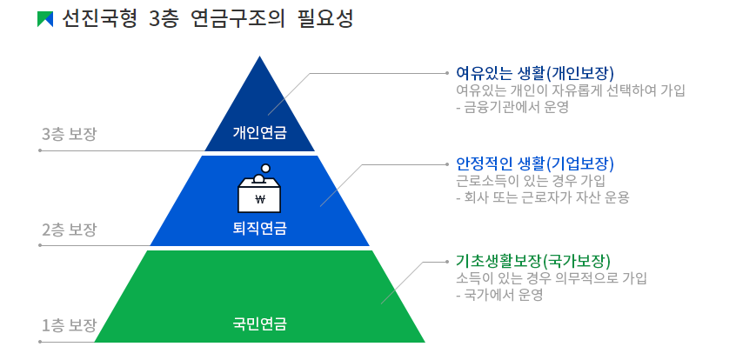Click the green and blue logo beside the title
pos(45,19)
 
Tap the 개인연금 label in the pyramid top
pos(259,133)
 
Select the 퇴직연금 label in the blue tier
pos(259,229)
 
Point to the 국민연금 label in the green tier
pos(259,324)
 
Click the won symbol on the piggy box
pos(259,198)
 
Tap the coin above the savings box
pos(266,169)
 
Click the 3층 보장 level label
pos(69,134)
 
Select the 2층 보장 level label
pos(69,230)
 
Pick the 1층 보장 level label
pos(69,325)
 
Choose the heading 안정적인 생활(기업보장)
pos(534,163)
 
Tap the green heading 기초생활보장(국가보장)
pos(532,261)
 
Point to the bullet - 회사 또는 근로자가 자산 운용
pos(542,197)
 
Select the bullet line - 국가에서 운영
pos(499,295)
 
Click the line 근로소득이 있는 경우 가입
pos(530,181)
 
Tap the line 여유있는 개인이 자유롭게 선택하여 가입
pos(571,90)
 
